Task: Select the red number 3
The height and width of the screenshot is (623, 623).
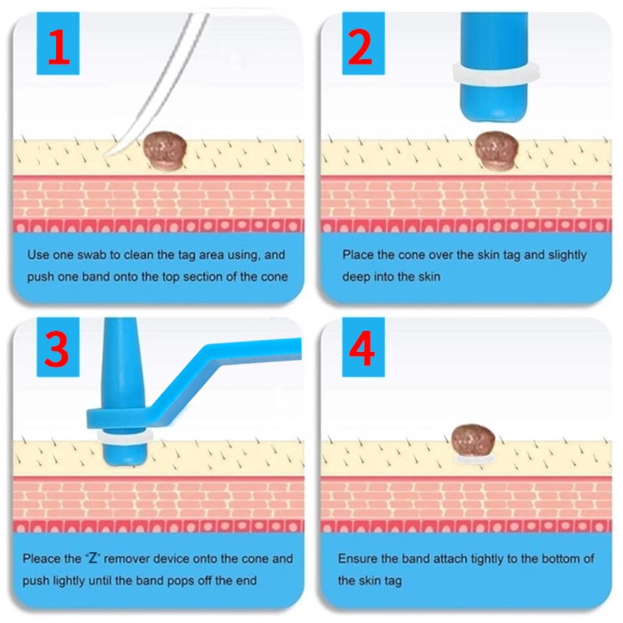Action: (x=57, y=349)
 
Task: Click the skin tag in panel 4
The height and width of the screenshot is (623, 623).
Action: (x=473, y=441)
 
